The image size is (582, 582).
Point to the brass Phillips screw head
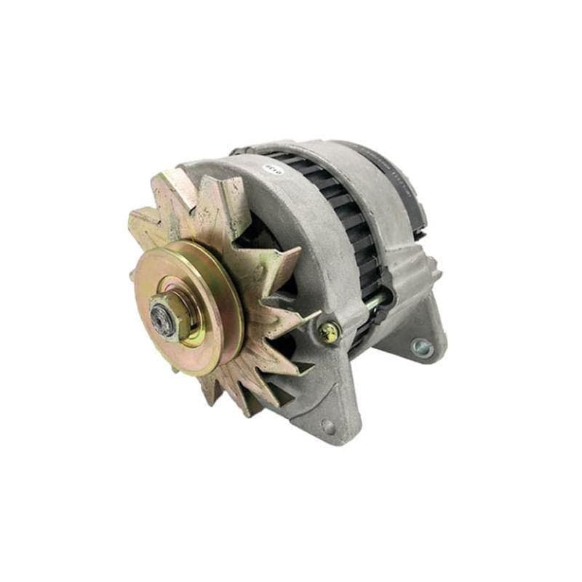(x=329, y=332)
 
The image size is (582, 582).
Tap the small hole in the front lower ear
(x=328, y=426)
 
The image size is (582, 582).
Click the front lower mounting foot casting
(x=320, y=407)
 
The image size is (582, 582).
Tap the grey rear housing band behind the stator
(x=378, y=204)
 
